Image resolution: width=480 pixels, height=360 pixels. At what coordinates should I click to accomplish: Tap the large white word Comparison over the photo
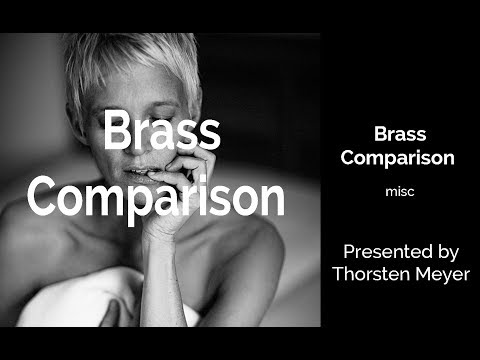pyautogui.click(x=155, y=196)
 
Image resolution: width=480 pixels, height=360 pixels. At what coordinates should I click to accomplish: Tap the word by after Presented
pyautogui.click(x=450, y=251)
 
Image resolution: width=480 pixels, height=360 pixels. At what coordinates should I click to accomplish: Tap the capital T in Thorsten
pyautogui.click(x=337, y=273)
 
